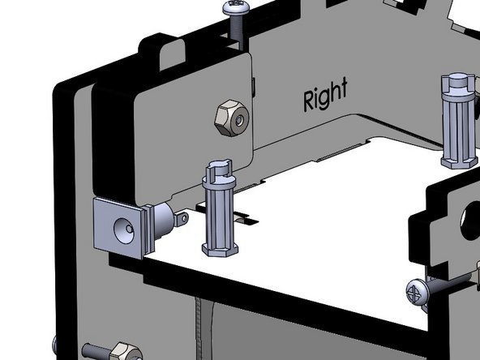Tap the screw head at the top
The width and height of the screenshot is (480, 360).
click(233, 8)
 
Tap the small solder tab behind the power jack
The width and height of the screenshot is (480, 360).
click(182, 218)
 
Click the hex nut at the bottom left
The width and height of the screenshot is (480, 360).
click(124, 352)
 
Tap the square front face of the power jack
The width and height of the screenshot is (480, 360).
click(122, 226)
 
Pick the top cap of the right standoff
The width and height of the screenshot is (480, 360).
click(458, 84)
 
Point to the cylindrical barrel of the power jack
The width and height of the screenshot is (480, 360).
click(161, 219)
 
